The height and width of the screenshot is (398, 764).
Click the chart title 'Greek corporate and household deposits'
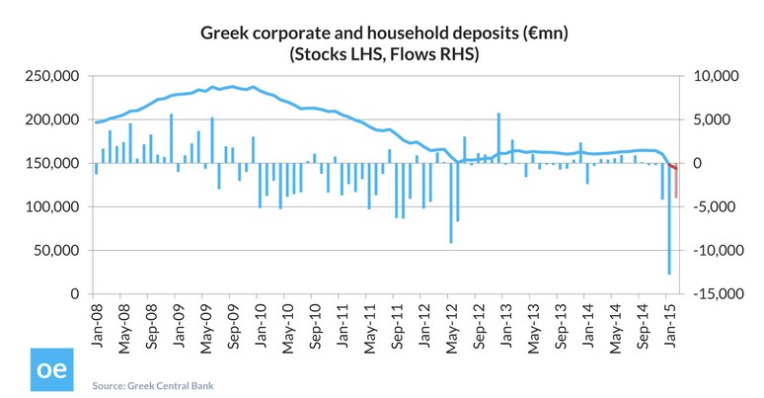pos(383,35)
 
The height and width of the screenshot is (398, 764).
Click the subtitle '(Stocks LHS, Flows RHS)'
pos(383,55)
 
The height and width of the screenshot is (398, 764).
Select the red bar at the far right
pos(676,184)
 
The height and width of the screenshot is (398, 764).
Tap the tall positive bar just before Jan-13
pos(498,138)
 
